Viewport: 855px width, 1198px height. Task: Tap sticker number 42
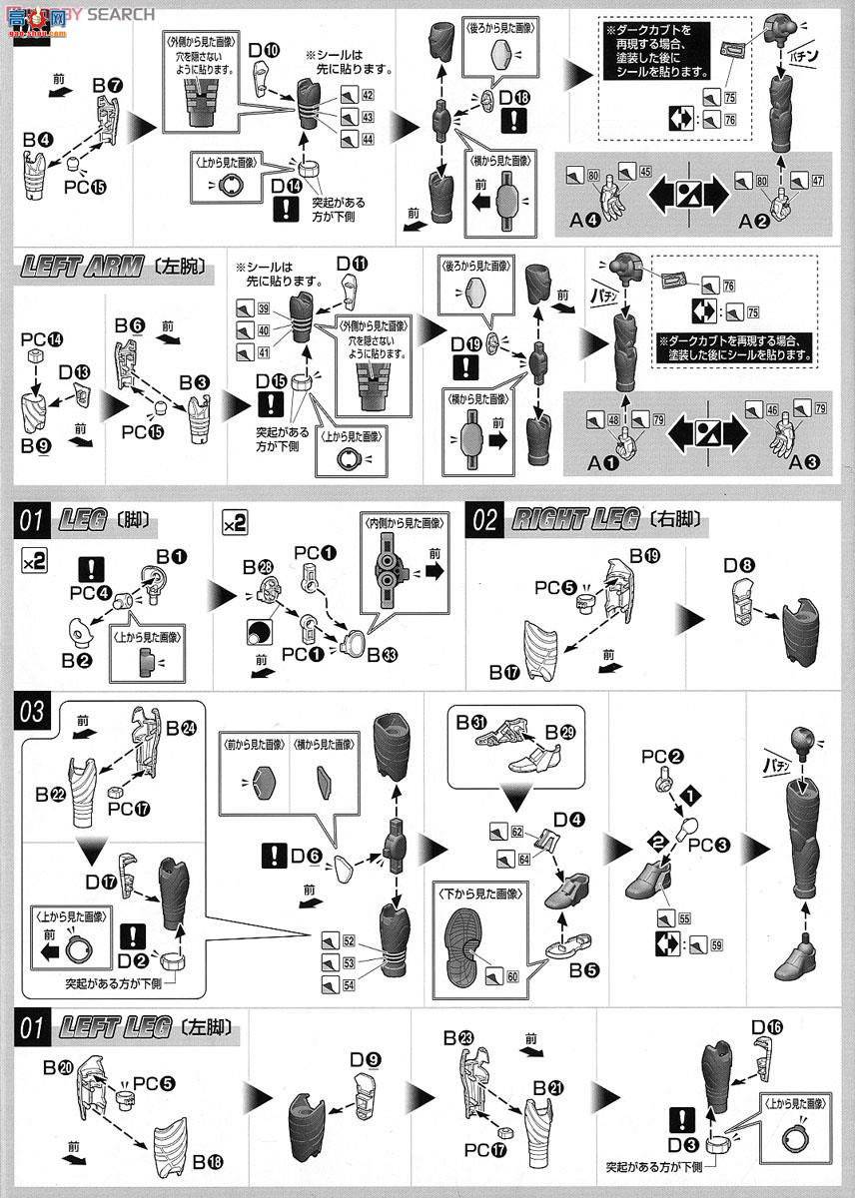(x=368, y=95)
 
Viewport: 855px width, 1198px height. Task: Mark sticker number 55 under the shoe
(x=684, y=917)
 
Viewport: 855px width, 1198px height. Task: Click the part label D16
(x=767, y=1027)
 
